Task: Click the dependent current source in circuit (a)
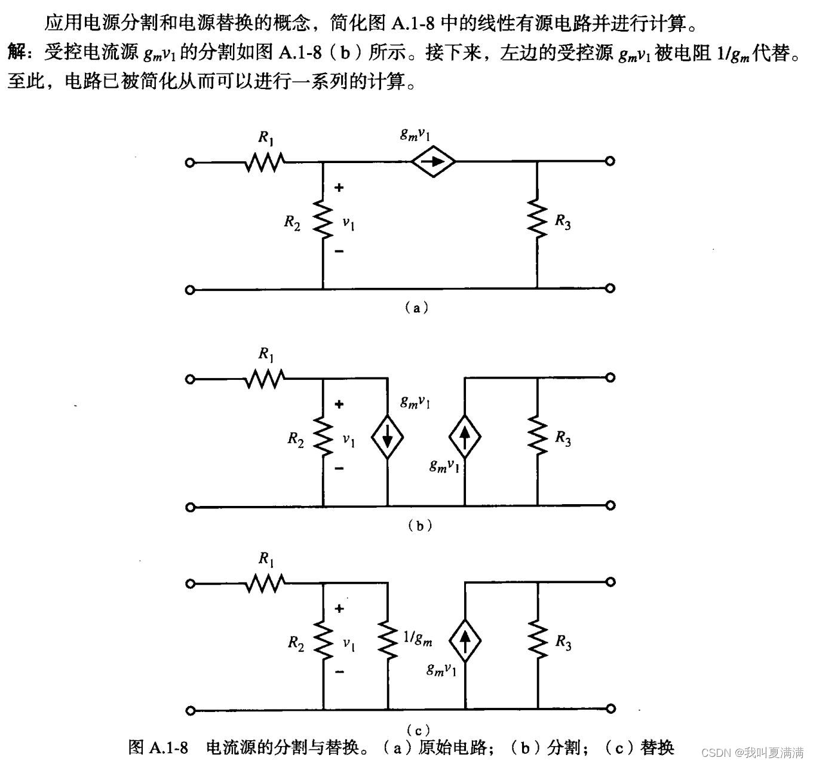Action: [x=433, y=161]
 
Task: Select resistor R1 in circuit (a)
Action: [x=265, y=161]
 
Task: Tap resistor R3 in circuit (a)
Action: [x=537, y=220]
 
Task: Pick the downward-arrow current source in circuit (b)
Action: [x=388, y=438]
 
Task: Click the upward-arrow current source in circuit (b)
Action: [x=464, y=438]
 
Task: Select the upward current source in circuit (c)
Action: [x=464, y=640]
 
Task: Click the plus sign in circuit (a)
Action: [x=339, y=188]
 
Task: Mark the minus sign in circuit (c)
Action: [x=339, y=672]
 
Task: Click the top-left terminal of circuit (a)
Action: [x=190, y=162]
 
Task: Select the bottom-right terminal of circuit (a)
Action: [x=610, y=289]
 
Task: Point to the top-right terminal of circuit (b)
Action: [x=610, y=378]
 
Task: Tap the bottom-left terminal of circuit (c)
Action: [x=190, y=710]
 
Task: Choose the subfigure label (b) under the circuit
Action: [x=419, y=526]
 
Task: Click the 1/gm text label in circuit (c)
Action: [x=418, y=639]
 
